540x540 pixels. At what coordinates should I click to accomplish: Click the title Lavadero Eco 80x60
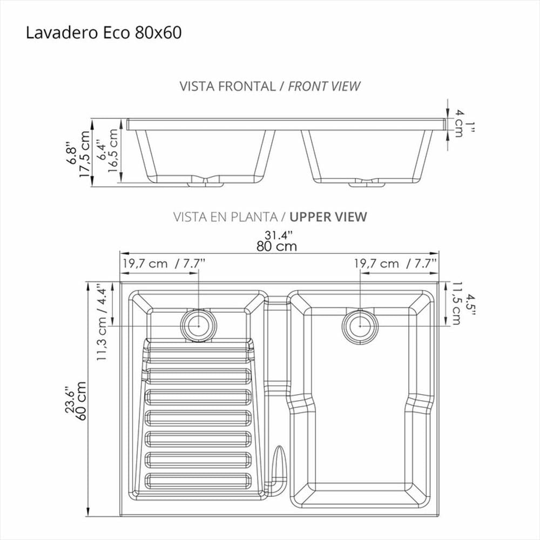pos(104,33)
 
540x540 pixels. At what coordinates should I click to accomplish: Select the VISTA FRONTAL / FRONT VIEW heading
pos(270,86)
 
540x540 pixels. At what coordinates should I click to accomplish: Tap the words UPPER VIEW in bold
pos(328,217)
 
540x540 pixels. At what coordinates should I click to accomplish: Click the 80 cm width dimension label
pos(276,246)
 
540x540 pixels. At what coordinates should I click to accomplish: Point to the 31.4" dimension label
pos(278,235)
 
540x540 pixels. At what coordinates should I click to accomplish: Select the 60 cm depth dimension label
pos(82,401)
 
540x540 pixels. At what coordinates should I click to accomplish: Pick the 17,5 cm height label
pos(84,153)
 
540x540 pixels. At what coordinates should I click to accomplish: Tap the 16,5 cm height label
pos(113,151)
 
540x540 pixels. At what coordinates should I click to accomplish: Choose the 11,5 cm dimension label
pos(456,303)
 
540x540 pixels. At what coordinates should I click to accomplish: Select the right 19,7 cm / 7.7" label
pos(396,264)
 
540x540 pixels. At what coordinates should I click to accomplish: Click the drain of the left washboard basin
pos(199,325)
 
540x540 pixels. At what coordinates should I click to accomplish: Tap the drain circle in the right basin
pos(360,326)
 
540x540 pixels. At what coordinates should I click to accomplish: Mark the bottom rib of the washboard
pos(198,481)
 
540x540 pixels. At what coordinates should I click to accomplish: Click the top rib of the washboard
pos(198,354)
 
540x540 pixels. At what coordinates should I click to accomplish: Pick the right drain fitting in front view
pos(367,183)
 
